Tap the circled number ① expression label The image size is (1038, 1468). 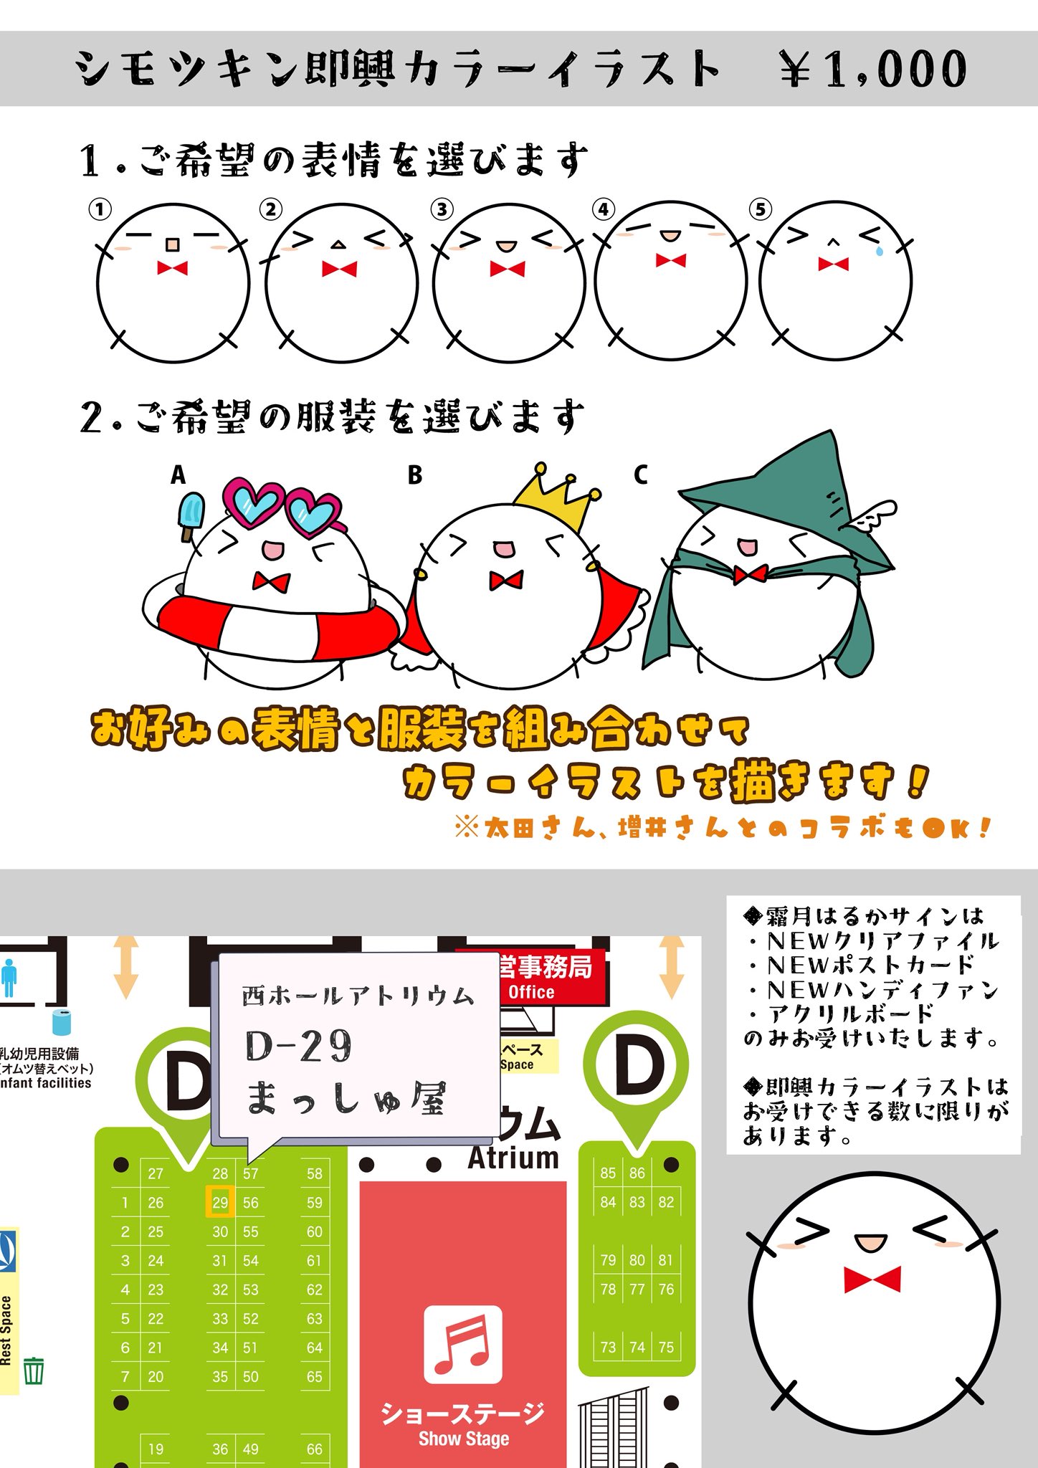click(100, 209)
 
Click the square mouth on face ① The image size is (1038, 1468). click(172, 245)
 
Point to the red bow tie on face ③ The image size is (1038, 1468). click(508, 269)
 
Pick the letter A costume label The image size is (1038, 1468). click(178, 475)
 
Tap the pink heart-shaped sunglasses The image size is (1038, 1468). click(281, 507)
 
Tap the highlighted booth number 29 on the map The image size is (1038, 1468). click(220, 1202)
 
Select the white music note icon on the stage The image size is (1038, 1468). click(462, 1345)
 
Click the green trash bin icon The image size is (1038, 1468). click(34, 1371)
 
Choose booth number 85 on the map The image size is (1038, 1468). click(608, 1173)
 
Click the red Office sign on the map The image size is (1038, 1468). click(531, 977)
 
